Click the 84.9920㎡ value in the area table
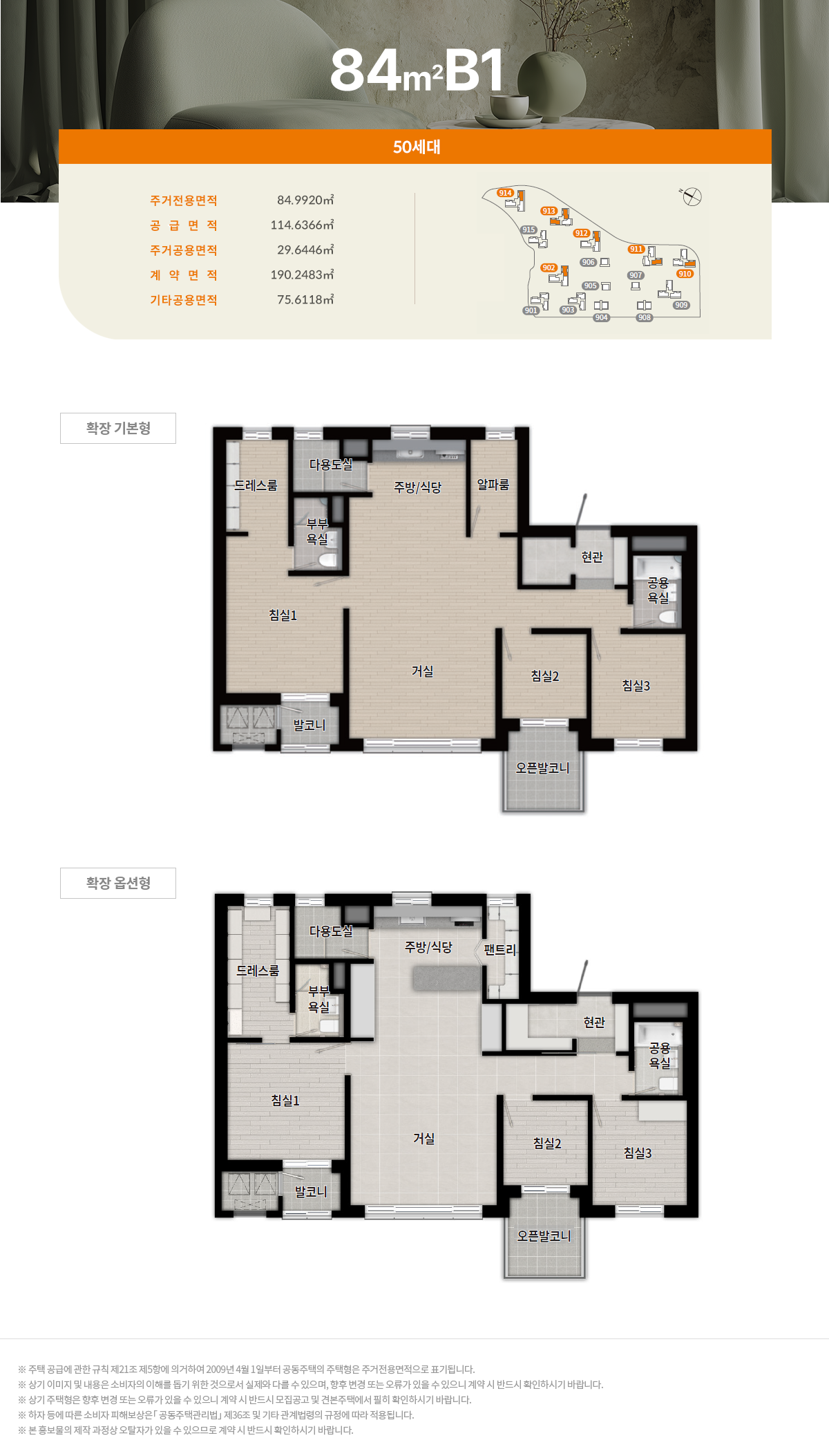click(305, 200)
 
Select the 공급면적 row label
click(184, 225)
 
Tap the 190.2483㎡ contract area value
click(302, 274)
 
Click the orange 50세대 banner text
click(417, 147)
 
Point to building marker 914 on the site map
click(505, 193)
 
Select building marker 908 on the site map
click(645, 317)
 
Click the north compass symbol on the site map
click(692, 196)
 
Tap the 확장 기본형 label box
click(118, 428)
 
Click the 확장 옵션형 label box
click(118, 883)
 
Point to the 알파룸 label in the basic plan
click(493, 485)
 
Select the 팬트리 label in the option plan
click(499, 949)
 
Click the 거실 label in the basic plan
click(422, 671)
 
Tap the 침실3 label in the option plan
click(637, 1152)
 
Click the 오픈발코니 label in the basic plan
click(543, 767)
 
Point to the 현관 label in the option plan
click(594, 1022)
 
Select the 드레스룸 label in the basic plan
click(256, 485)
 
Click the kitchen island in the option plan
click(447, 978)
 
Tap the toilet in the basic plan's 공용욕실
click(667, 617)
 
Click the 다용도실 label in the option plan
click(331, 931)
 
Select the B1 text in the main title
click(474, 71)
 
